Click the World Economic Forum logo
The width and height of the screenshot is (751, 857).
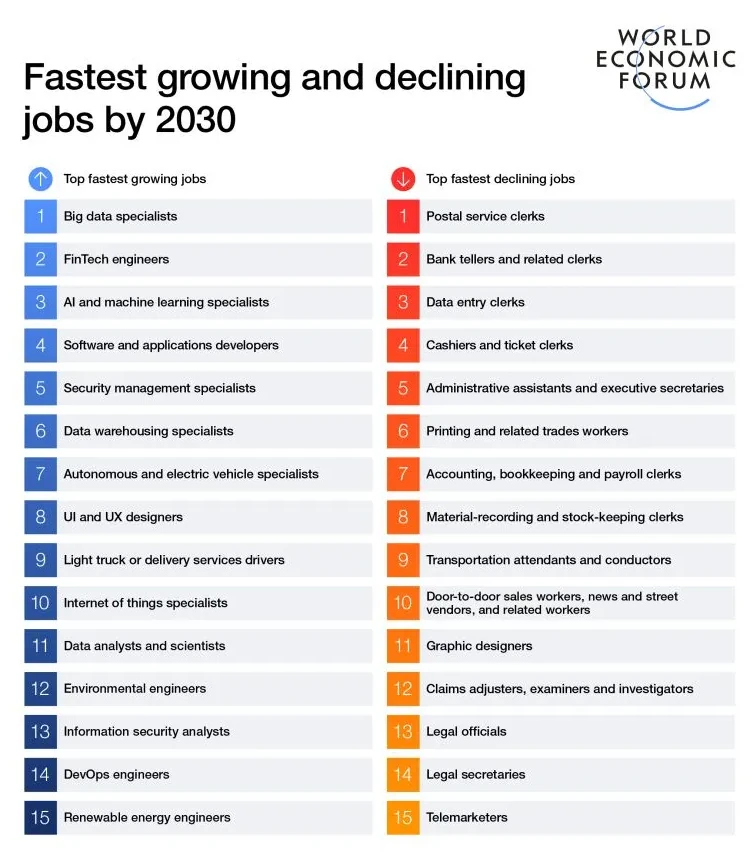[x=665, y=66]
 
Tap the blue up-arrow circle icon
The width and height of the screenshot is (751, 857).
[x=40, y=179]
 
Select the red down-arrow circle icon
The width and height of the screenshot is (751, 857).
[x=403, y=179]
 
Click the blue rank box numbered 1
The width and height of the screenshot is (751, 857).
[x=40, y=216]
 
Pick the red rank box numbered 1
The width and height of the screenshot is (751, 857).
[x=403, y=216]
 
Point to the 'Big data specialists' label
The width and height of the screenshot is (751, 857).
[x=120, y=216]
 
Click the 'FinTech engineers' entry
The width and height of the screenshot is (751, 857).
[x=116, y=259]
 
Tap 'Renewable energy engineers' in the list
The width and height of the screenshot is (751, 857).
[x=147, y=817]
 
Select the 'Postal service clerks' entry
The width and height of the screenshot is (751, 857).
[x=485, y=216]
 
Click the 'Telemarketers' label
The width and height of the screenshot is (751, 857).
[x=466, y=817]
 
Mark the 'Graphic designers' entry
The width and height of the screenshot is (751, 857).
[x=479, y=646]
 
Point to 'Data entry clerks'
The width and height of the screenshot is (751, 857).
[x=475, y=302]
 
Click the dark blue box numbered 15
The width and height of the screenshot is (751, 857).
[x=40, y=817]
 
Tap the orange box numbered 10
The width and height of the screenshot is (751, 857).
[x=403, y=603]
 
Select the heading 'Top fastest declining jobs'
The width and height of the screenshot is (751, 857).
[x=500, y=179]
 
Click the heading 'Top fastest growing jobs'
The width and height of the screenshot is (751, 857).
[x=135, y=179]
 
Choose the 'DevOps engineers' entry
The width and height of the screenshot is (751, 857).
[x=116, y=774]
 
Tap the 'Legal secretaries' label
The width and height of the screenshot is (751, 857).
[x=475, y=774]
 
